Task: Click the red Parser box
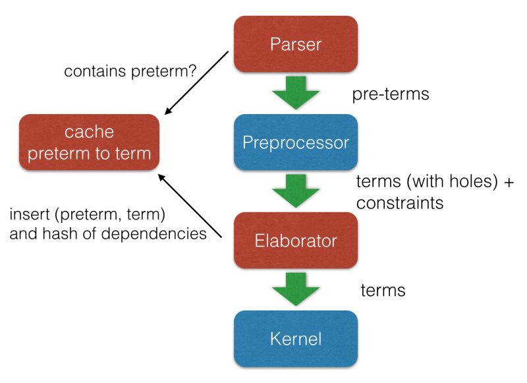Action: tap(295, 44)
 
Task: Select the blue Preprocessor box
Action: tap(295, 142)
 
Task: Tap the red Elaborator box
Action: tap(295, 241)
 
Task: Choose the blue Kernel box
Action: tap(295, 339)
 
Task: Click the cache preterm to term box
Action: tap(90, 142)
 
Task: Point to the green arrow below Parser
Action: tap(295, 92)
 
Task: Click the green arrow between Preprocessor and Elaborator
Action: tap(295, 191)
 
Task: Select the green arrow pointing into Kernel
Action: tap(295, 288)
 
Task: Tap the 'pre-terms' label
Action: tap(391, 94)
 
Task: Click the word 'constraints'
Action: tap(399, 204)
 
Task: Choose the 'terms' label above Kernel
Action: tap(383, 290)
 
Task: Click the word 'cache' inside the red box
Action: tap(90, 133)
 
